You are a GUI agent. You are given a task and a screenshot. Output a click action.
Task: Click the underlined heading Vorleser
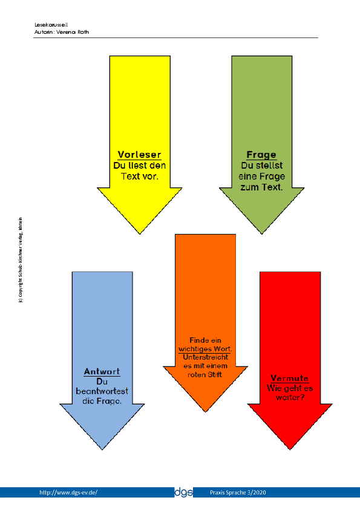139,155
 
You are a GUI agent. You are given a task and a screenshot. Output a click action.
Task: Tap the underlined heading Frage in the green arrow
261,155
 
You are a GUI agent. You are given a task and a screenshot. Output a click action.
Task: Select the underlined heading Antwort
102,371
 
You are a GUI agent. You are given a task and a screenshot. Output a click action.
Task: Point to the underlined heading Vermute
289,378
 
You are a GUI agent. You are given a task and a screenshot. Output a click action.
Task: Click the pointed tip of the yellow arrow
140,234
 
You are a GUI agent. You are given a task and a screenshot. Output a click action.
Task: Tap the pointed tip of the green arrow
262,234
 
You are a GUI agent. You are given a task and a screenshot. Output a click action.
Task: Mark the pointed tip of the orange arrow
205,412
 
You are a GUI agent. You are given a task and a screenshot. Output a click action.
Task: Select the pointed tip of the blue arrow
102,450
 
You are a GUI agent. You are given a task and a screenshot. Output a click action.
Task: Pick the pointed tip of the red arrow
290,450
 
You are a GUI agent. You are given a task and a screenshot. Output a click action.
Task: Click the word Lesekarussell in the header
51,25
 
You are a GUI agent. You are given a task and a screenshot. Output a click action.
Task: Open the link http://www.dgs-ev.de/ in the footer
68,493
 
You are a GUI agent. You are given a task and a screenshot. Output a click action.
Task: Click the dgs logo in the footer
183,492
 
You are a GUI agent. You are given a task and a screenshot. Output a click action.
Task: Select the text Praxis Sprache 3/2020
238,493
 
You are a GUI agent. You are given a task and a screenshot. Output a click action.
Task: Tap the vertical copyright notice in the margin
21,260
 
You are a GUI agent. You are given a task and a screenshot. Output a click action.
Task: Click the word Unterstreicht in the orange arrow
205,357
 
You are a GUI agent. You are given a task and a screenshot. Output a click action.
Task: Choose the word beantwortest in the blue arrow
102,391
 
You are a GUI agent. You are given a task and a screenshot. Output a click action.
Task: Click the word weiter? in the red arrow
290,397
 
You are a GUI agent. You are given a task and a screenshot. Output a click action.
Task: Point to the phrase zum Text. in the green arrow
261,187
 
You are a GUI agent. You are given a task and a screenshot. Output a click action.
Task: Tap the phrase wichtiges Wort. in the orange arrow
205,349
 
